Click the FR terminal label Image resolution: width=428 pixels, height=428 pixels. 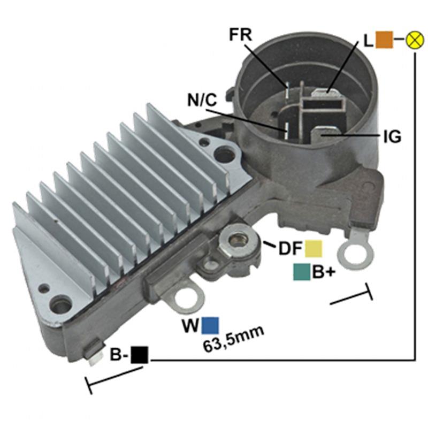(x=240, y=35)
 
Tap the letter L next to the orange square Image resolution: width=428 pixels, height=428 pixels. (x=368, y=41)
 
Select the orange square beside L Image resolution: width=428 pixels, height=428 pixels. (x=384, y=40)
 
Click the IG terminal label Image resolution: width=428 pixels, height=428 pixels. (x=392, y=137)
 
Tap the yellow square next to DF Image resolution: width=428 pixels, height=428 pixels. (x=314, y=248)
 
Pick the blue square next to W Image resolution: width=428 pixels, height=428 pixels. (x=210, y=325)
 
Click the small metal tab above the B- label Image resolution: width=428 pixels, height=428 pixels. (x=95, y=355)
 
